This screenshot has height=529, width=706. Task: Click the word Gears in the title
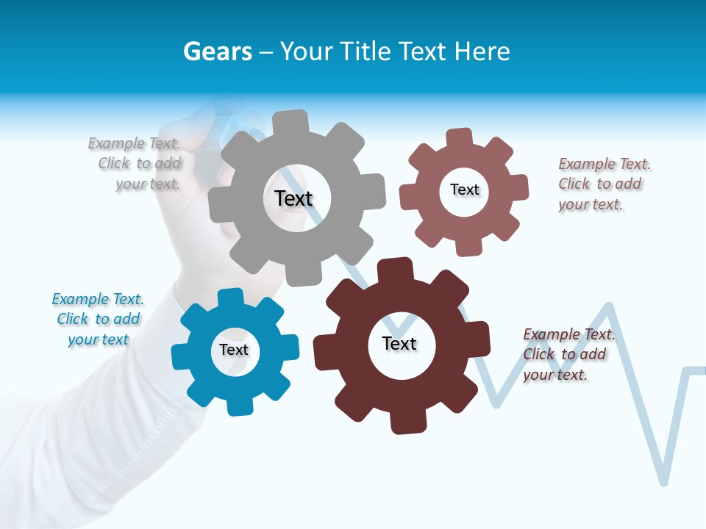coord(218,51)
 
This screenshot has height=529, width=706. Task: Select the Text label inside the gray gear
coord(293,198)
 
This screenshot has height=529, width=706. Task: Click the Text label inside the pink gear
coord(464,190)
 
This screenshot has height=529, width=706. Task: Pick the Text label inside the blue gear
coord(234,350)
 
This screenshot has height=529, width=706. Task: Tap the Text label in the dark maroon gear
coord(399,343)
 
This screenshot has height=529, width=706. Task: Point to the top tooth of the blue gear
coord(231,298)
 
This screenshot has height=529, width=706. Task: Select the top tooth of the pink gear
coord(459,137)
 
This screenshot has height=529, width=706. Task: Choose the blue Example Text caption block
coord(98,319)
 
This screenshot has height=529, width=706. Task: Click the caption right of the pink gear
coord(604,184)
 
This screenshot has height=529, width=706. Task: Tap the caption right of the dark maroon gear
coord(568,354)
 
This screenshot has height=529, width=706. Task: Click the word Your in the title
coord(309,51)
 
